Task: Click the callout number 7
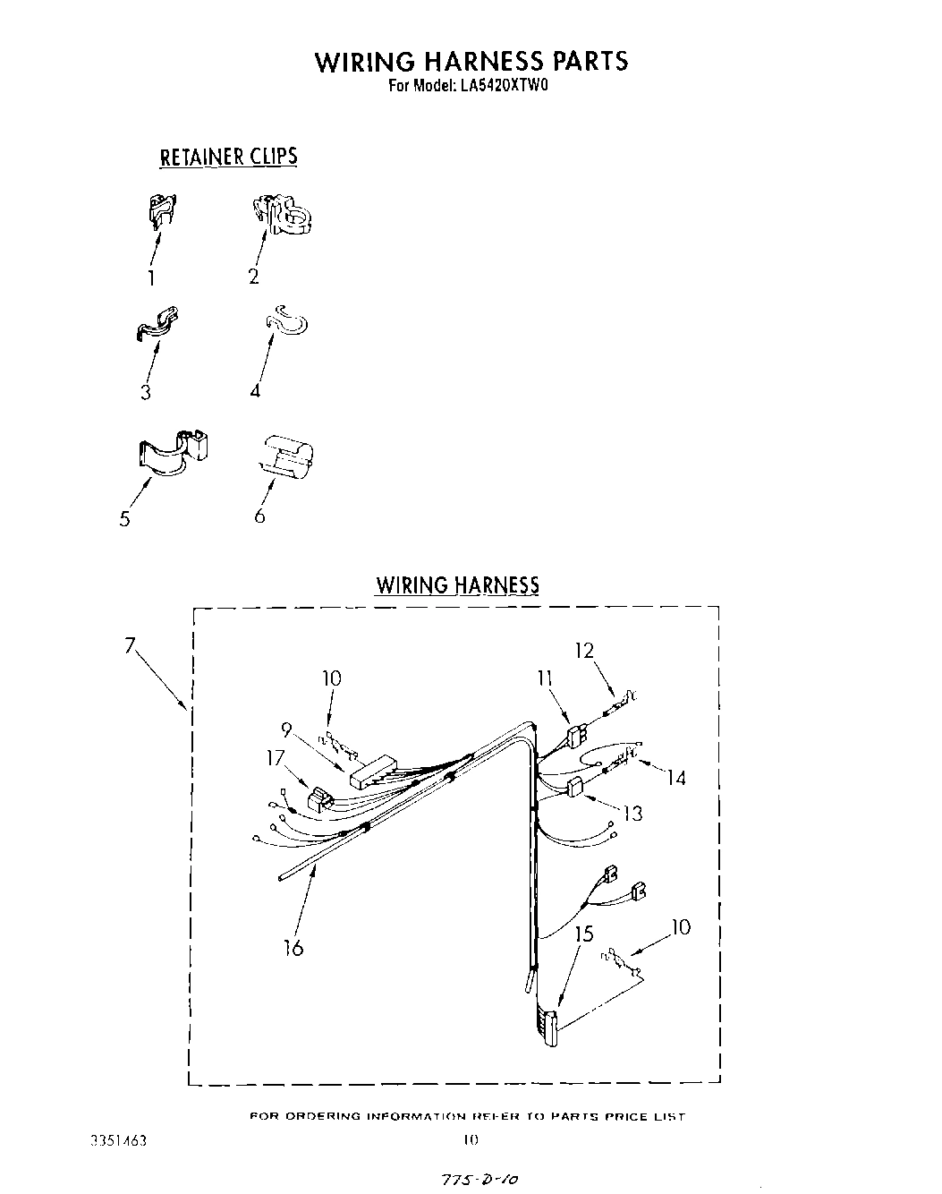coord(131,645)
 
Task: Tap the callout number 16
coord(293,947)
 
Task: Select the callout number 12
coord(584,651)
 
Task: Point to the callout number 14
coord(675,778)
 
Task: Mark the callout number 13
coord(632,814)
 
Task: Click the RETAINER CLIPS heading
coord(228,157)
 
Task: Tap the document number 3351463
coord(119,1141)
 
